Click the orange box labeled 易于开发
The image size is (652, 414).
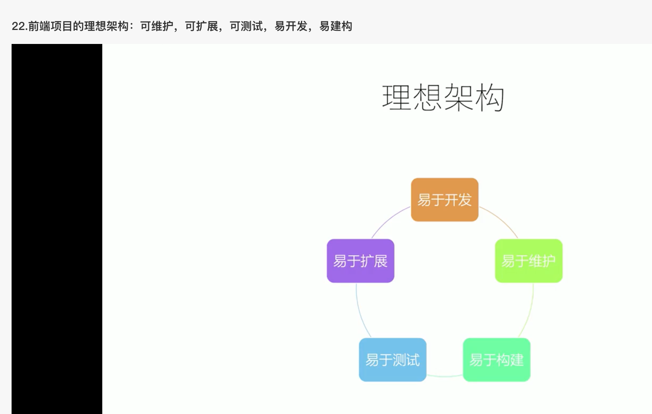pyautogui.click(x=445, y=200)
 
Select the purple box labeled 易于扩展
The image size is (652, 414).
pyautogui.click(x=360, y=261)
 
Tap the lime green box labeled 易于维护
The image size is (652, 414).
pyautogui.click(x=529, y=261)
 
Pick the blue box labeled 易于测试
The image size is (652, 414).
pyautogui.click(x=393, y=360)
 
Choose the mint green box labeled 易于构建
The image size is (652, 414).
pyautogui.click(x=497, y=360)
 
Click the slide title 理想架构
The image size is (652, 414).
pyautogui.click(x=443, y=98)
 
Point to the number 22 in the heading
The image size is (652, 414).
pyautogui.click(x=17, y=26)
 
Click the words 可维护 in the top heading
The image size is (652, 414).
pyautogui.click(x=157, y=26)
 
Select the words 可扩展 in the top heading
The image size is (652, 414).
pyautogui.click(x=201, y=26)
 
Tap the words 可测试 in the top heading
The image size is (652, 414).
pyautogui.click(x=246, y=26)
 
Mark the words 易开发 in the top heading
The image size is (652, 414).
pyautogui.click(x=291, y=26)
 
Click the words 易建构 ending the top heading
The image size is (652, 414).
pyautogui.click(x=336, y=26)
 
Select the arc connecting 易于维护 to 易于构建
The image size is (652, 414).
pyautogui.click(x=530, y=312)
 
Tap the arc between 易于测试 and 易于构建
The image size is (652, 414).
pyautogui.click(x=445, y=376)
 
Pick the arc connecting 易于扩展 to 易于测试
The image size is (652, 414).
pyautogui.click(x=360, y=312)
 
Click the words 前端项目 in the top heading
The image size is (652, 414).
pyautogui.click(x=50, y=26)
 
